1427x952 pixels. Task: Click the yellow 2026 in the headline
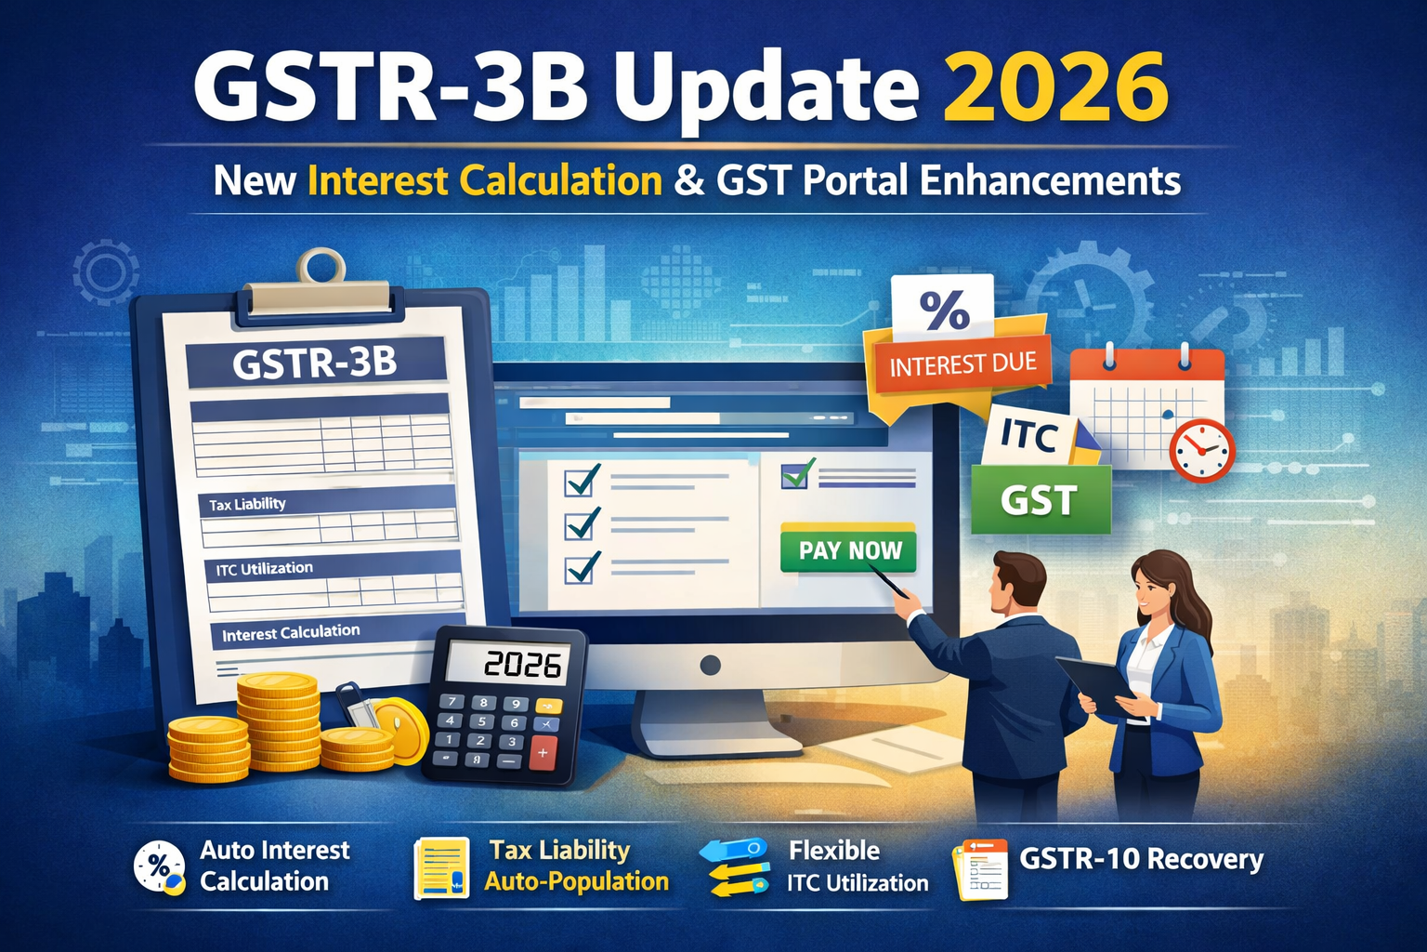(x=1055, y=87)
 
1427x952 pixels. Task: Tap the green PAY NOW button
(x=849, y=550)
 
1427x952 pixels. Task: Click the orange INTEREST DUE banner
(x=962, y=364)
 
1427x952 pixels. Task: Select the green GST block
(x=1040, y=500)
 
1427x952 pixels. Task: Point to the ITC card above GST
(x=1029, y=434)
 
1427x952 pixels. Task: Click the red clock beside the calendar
(x=1201, y=451)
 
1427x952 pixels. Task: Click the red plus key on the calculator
(x=543, y=754)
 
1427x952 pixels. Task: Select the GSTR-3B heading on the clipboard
(x=315, y=362)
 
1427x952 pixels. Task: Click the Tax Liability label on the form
(x=247, y=504)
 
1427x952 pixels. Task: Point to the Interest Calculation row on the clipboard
(x=291, y=633)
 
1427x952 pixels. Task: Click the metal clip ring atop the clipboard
(x=321, y=266)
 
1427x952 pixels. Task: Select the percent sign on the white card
(x=944, y=310)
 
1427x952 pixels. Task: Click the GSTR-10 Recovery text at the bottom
(x=1141, y=859)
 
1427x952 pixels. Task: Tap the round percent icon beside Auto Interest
(x=159, y=866)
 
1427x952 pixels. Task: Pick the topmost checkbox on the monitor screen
(x=583, y=481)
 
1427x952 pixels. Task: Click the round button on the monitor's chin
(x=711, y=665)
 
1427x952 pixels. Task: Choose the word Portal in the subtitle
(x=855, y=180)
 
